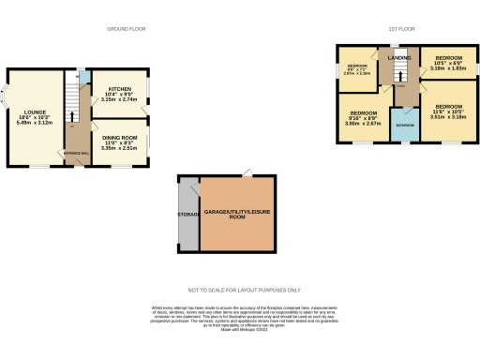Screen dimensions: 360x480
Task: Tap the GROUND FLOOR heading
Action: (x=125, y=29)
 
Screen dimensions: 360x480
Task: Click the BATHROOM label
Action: (x=404, y=124)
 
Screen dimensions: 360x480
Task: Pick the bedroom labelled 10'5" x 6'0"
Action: (x=446, y=60)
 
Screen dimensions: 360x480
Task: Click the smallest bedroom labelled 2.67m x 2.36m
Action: (x=355, y=68)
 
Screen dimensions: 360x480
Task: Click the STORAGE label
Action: (x=187, y=214)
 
